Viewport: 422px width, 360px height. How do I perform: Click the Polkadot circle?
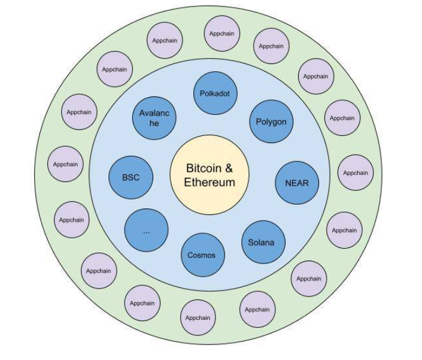(x=215, y=93)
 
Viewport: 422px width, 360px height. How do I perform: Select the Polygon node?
(x=271, y=122)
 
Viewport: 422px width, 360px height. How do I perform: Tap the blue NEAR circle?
(x=297, y=183)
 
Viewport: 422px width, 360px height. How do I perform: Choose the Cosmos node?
(x=202, y=255)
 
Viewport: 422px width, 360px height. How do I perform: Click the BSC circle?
(x=130, y=177)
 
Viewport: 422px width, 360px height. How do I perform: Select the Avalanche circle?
(x=154, y=117)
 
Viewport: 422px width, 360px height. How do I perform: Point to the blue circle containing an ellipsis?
(x=146, y=231)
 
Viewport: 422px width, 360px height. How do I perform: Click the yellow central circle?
(x=210, y=175)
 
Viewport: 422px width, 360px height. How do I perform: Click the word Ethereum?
(x=210, y=182)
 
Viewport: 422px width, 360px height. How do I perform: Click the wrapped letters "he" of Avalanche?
(x=154, y=123)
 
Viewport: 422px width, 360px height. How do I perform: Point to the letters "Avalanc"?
(x=154, y=113)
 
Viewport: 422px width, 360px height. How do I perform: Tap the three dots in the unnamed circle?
(x=146, y=231)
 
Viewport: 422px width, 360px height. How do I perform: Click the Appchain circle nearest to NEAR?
(x=356, y=173)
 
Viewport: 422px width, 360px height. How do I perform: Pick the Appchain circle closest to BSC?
(x=65, y=164)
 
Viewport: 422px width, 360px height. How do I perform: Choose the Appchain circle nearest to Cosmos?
(x=198, y=317)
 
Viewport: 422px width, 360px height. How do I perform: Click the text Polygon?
(x=271, y=122)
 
